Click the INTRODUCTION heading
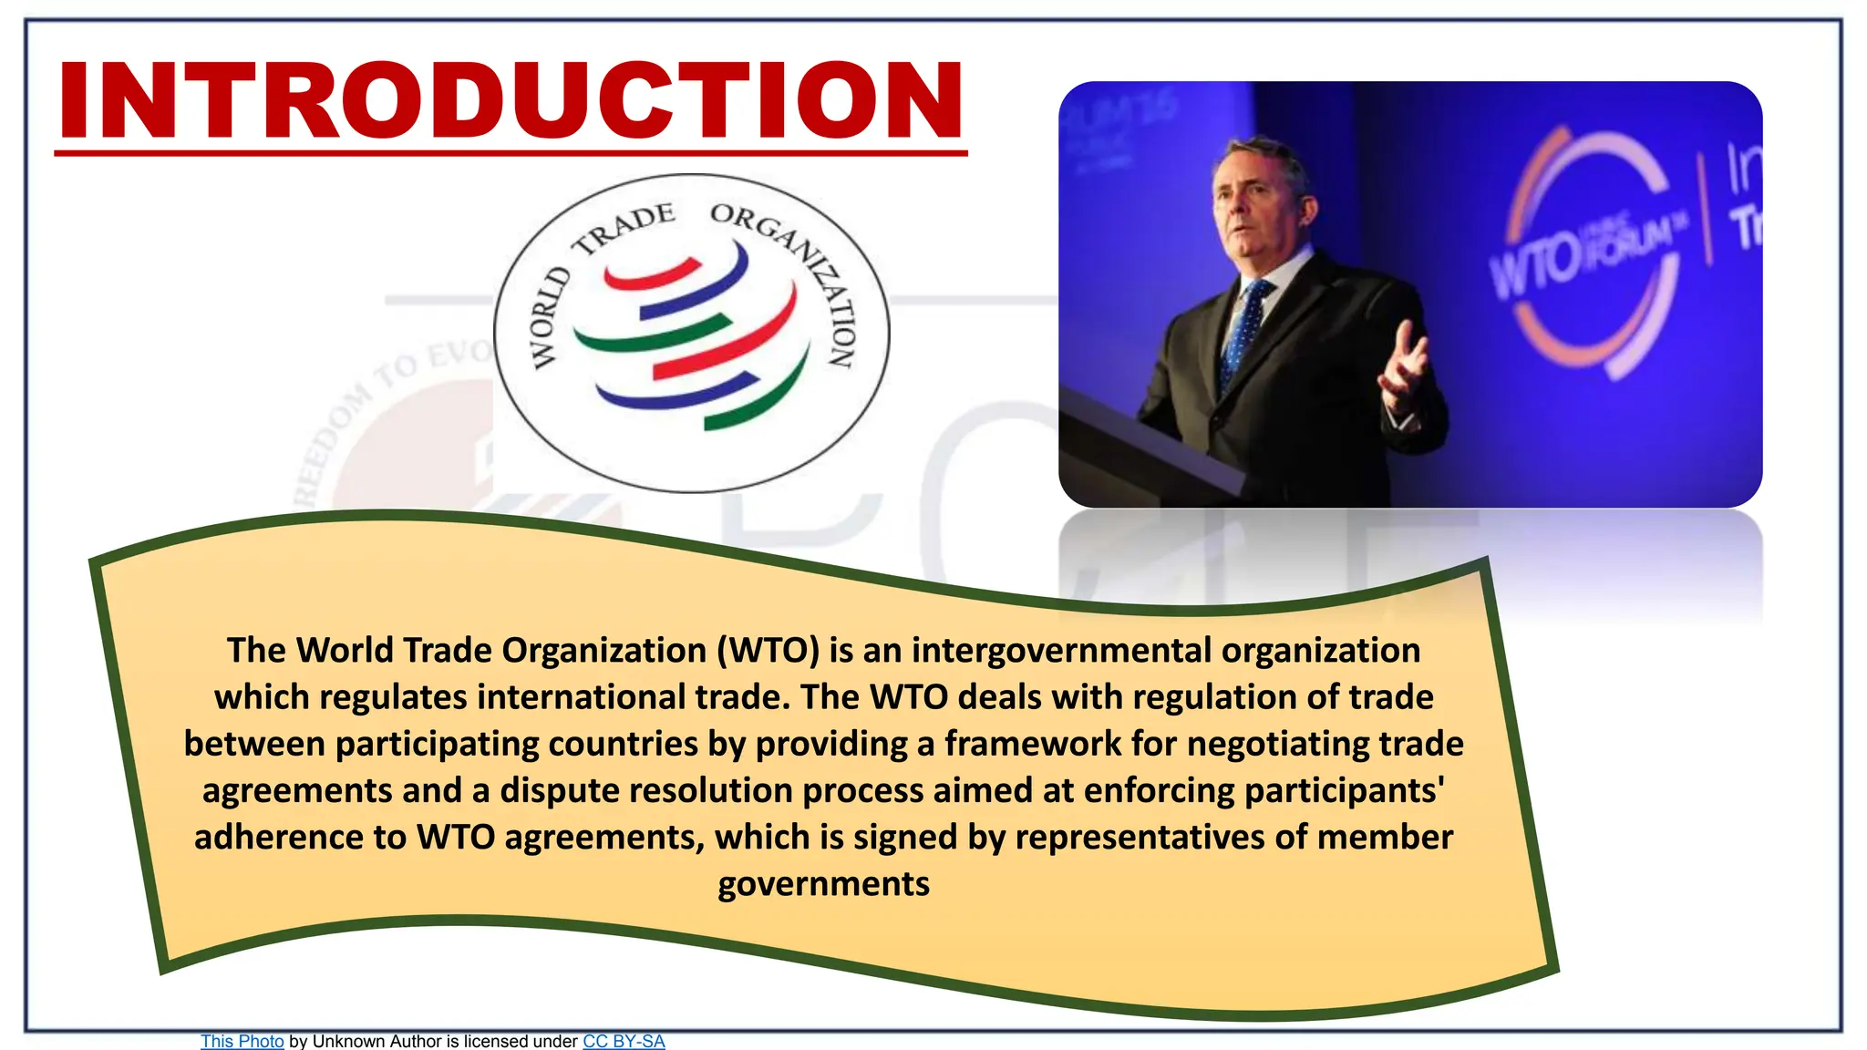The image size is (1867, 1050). pos(511,100)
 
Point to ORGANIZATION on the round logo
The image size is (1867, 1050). pos(802,273)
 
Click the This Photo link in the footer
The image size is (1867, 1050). pos(242,1041)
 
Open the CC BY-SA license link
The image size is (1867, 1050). pos(624,1041)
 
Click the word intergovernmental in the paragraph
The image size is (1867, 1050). pos(1061,651)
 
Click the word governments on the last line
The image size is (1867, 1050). pos(823,884)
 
